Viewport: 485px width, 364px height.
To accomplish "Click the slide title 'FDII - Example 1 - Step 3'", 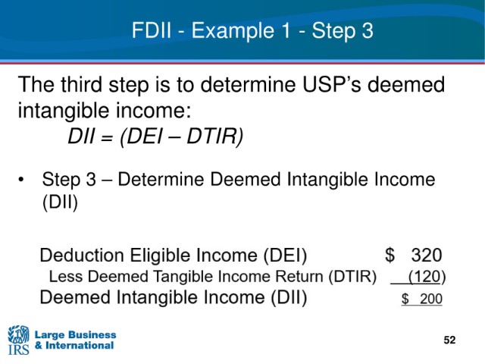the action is click(x=252, y=31).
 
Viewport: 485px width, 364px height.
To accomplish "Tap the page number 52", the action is click(x=449, y=340).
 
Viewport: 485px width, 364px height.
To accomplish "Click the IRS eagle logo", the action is click(x=18, y=340).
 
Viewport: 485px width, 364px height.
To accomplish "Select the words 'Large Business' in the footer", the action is click(x=75, y=334).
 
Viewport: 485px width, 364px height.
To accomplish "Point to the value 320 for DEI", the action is click(x=427, y=256).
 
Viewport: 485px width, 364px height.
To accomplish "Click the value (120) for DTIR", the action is click(x=427, y=276).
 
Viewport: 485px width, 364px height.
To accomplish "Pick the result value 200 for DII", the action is click(x=431, y=299).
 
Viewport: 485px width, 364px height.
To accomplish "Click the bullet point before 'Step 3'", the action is click(x=21, y=180).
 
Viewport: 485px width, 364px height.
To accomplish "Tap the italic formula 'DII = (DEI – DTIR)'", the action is click(x=155, y=136).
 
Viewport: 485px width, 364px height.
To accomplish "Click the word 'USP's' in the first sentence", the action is click(x=332, y=84).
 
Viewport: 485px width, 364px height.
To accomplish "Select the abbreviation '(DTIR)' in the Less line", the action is click(x=352, y=276).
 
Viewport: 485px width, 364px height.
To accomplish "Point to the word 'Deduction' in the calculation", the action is click(x=82, y=256).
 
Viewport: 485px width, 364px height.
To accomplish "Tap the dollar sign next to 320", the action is click(x=390, y=256).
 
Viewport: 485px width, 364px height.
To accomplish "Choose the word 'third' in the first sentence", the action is click(x=81, y=84).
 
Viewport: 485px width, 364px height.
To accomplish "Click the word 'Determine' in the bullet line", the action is click(x=161, y=180).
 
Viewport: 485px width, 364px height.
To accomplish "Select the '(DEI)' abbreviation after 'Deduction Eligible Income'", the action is click(x=285, y=256).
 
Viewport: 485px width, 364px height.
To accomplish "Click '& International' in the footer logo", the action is click(x=74, y=346).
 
